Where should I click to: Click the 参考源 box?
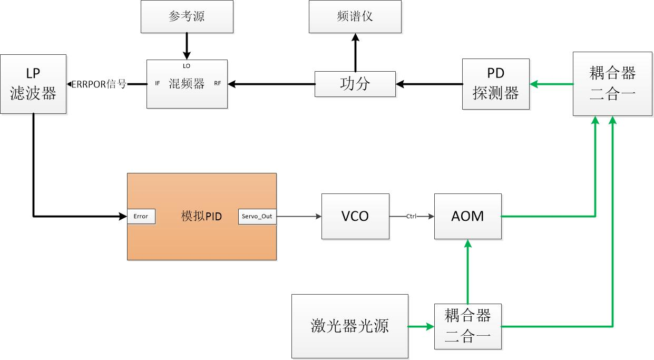point(187,16)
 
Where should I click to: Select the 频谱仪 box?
point(355,16)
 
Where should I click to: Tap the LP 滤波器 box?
point(33,84)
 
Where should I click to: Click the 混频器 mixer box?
point(187,84)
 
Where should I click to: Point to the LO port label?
point(187,66)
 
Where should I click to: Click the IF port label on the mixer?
point(158,83)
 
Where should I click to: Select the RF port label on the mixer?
point(218,83)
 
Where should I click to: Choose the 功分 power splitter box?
point(355,84)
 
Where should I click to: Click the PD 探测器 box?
point(496,84)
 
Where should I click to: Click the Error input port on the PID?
point(141,216)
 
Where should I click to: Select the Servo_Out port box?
point(257,216)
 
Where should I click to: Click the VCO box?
point(355,216)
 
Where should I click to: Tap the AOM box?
point(467,216)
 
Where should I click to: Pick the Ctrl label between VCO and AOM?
point(412,216)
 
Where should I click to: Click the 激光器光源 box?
point(350,326)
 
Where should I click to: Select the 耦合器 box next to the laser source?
point(467,326)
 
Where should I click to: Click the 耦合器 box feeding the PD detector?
point(612,83)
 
